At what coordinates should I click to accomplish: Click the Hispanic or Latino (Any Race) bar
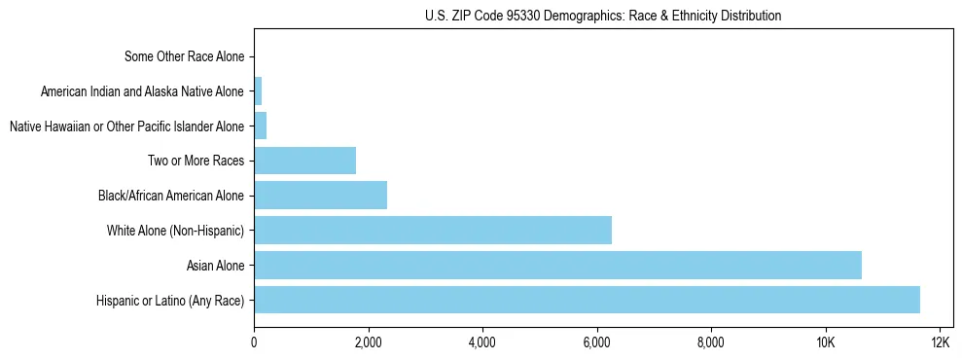pyautogui.click(x=587, y=300)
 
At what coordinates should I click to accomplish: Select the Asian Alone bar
pyautogui.click(x=557, y=265)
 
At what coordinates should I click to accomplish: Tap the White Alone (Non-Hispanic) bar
pyautogui.click(x=433, y=230)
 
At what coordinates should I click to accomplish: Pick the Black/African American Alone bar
pyautogui.click(x=320, y=196)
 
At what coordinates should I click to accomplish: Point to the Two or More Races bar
pyautogui.click(x=304, y=161)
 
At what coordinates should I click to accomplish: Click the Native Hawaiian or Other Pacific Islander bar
pyautogui.click(x=260, y=126)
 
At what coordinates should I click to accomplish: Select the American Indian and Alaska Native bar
pyautogui.click(x=258, y=91)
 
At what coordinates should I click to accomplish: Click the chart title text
pyautogui.click(x=603, y=16)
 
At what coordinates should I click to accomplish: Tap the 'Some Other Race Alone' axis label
pyautogui.click(x=185, y=56)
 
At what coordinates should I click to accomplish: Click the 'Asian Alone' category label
pyautogui.click(x=215, y=266)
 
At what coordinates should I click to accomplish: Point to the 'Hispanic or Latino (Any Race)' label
pyautogui.click(x=170, y=301)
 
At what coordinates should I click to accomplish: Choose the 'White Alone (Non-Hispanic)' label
pyautogui.click(x=175, y=231)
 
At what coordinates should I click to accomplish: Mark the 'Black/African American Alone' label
pyautogui.click(x=171, y=196)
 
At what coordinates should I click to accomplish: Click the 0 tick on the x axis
pyautogui.click(x=254, y=342)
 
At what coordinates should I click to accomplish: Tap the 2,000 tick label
pyautogui.click(x=368, y=342)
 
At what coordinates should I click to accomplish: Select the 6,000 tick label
pyautogui.click(x=596, y=342)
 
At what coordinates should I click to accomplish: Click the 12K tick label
pyautogui.click(x=940, y=342)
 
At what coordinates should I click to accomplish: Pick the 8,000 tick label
pyautogui.click(x=711, y=342)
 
